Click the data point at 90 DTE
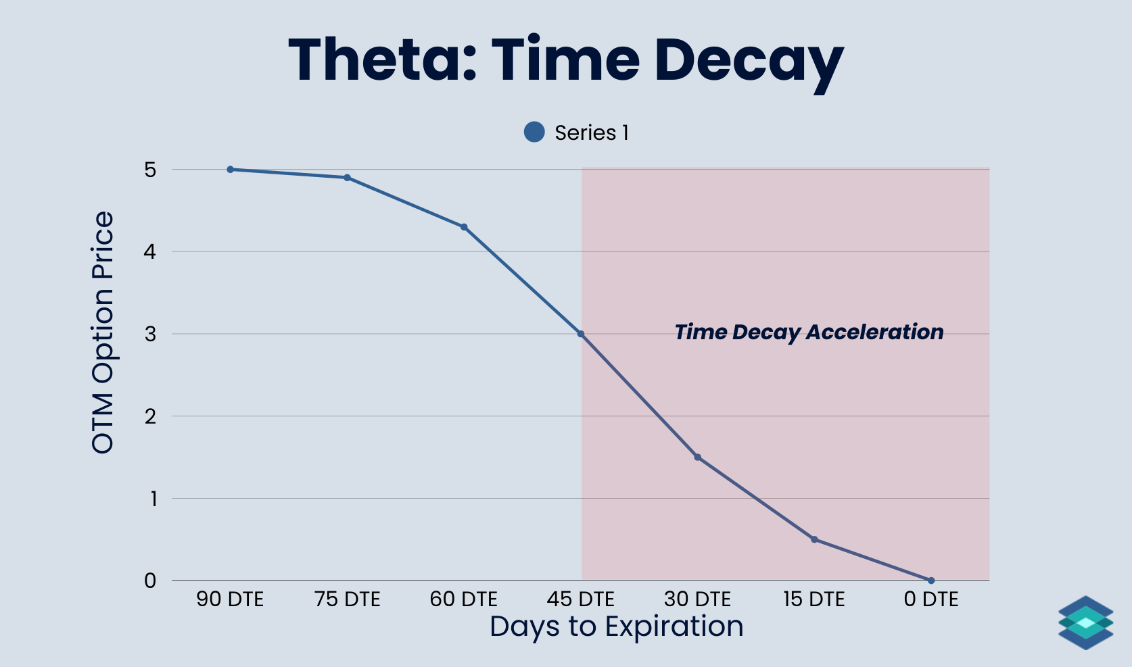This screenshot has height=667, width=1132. [231, 170]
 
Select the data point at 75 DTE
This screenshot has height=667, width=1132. [347, 178]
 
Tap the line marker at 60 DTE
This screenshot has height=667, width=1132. [464, 227]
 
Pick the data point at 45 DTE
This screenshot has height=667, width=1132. [581, 334]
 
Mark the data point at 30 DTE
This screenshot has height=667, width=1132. [698, 458]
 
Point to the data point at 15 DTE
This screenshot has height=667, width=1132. [814, 539]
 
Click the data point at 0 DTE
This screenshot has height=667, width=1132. [931, 580]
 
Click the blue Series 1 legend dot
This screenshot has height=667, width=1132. [534, 132]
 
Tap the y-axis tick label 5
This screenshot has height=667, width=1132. [150, 170]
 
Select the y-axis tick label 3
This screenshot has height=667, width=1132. [150, 334]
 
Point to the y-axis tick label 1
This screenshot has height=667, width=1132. [154, 499]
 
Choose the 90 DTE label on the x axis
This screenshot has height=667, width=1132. [230, 599]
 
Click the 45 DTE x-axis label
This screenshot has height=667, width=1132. [581, 599]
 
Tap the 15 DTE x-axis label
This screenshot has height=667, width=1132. [814, 599]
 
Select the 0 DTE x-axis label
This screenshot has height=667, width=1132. [931, 599]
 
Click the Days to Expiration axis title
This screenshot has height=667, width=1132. [616, 626]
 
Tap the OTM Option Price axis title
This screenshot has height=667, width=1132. [103, 332]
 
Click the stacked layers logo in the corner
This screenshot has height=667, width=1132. [1085, 622]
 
